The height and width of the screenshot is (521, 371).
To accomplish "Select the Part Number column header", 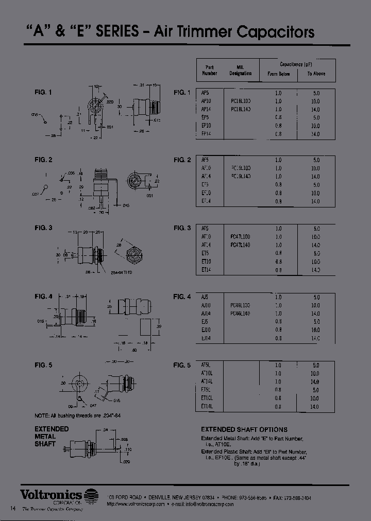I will tap(209, 70).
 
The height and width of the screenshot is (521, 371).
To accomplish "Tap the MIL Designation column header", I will tap(240, 70).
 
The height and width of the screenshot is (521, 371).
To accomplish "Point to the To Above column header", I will tap(316, 74).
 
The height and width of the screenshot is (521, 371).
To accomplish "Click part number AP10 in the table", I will tap(206, 101).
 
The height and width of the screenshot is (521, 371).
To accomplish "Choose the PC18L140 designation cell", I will tap(241, 110).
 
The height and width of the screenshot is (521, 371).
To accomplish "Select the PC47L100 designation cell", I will tap(240, 237).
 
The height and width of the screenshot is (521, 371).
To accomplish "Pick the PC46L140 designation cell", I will tap(240, 314).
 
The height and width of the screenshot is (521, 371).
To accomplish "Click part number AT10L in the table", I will tap(207, 373).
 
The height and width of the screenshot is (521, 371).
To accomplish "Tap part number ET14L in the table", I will tap(207, 406).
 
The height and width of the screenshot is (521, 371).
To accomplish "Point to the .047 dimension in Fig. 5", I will tap(94, 406).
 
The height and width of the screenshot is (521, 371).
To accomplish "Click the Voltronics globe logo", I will tap(91, 494).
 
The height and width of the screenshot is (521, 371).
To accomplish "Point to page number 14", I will tap(13, 508).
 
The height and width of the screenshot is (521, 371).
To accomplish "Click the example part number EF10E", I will tap(217, 457).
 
